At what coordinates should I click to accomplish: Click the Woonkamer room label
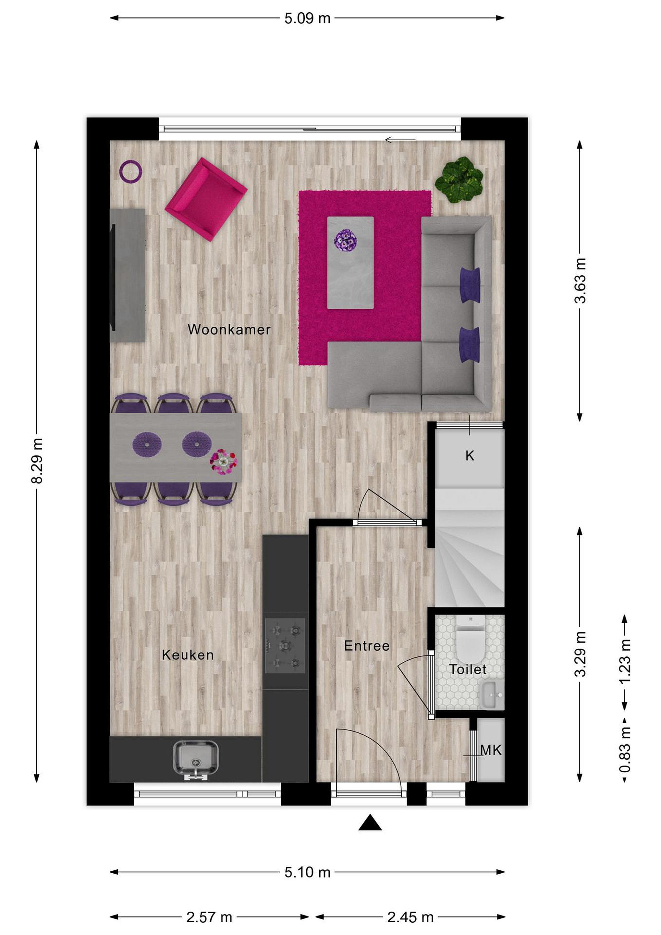pos(229,330)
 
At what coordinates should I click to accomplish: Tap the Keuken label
pos(188,655)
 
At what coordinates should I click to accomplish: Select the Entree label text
pos(367,645)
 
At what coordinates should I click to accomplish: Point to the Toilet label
pos(468,669)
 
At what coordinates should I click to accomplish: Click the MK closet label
pos(491,750)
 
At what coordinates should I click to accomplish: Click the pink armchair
pos(206,200)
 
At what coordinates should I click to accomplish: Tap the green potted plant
pos(459,180)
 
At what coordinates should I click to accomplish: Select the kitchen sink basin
pos(195,758)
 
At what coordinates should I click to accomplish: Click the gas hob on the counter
pos(285,645)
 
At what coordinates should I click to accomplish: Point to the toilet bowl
pos(470,642)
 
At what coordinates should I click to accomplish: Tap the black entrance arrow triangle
pos(370,823)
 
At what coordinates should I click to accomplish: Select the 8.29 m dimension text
pos(37,461)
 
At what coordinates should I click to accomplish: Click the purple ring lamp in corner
pos(131,171)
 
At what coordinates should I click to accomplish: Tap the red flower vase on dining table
pos(223,462)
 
